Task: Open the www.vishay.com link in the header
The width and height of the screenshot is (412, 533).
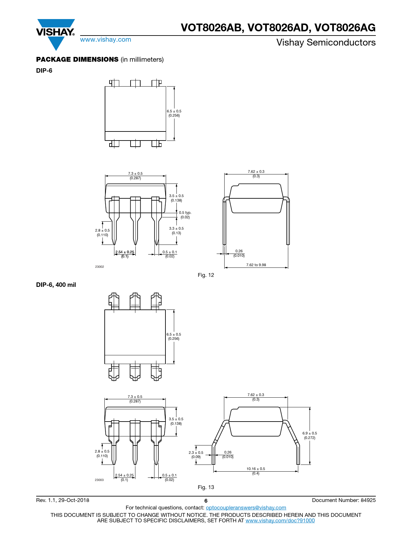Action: [x=106, y=39]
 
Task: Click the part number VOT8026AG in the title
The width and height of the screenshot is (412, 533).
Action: [x=345, y=27]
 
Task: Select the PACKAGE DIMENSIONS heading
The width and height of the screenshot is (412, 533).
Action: [x=77, y=59]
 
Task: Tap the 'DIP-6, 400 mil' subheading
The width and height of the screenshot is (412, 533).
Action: [x=56, y=285]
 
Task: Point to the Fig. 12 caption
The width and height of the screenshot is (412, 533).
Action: [x=206, y=275]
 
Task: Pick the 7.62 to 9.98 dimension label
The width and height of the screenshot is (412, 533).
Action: [x=256, y=265]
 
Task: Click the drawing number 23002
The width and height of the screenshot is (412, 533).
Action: [x=100, y=266]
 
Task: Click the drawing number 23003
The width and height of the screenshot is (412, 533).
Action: [x=99, y=480]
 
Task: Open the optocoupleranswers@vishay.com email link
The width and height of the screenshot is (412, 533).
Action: [x=246, y=507]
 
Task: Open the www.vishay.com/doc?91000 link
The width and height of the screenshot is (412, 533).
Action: [x=280, y=520]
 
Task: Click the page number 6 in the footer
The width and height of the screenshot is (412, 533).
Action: [x=206, y=501]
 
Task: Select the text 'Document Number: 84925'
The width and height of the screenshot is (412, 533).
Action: [x=344, y=500]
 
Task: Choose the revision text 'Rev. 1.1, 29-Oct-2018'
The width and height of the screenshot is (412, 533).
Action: [x=63, y=500]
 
